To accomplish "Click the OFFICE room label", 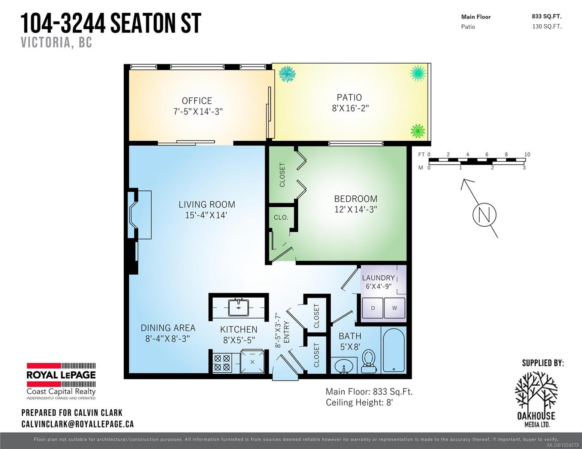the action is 197,101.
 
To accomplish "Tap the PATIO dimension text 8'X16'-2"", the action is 350,108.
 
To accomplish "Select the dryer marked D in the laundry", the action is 373,308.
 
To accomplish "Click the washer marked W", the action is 395,308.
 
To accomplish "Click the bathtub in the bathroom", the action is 394,350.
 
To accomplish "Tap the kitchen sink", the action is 239,308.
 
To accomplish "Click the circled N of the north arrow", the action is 485,215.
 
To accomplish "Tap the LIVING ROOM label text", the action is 207,205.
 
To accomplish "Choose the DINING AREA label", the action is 168,328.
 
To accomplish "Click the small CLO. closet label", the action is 281,217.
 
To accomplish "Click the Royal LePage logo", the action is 61,381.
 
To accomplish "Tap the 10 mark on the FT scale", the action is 527,154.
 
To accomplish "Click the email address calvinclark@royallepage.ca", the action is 78,424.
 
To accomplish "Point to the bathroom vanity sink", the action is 344,366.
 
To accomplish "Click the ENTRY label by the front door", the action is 286,332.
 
